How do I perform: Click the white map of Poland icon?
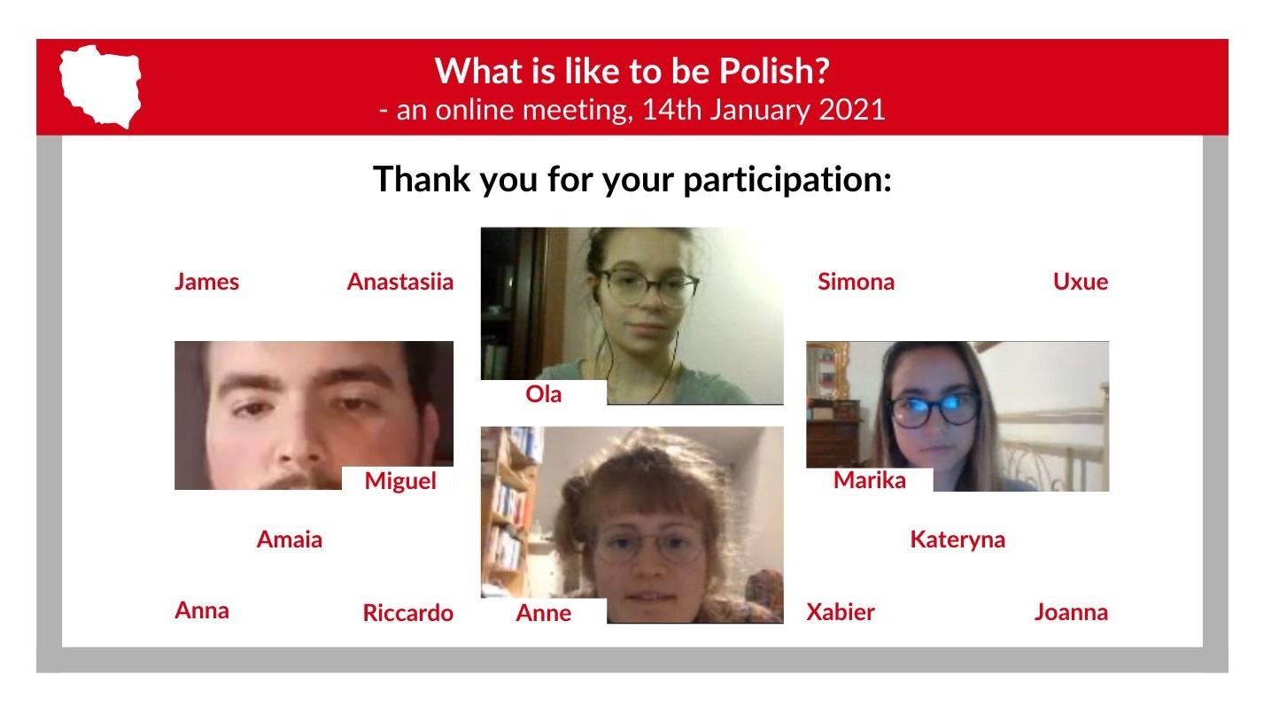(x=100, y=86)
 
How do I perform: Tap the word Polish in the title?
(x=773, y=71)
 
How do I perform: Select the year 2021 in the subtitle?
(x=852, y=110)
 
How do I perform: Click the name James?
(x=206, y=282)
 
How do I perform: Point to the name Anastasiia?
(x=400, y=282)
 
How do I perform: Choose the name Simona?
(x=856, y=282)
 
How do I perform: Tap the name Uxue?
(x=1081, y=282)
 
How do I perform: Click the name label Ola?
(x=544, y=394)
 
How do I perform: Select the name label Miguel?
(x=400, y=481)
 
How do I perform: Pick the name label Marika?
(x=870, y=480)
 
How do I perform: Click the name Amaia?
(x=290, y=539)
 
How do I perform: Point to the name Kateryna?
(x=957, y=540)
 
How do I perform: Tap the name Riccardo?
(x=408, y=613)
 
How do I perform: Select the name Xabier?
(x=841, y=612)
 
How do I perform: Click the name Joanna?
(x=1071, y=612)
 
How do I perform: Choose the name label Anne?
(x=544, y=613)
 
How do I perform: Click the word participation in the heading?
(x=787, y=180)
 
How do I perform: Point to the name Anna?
(x=202, y=610)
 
